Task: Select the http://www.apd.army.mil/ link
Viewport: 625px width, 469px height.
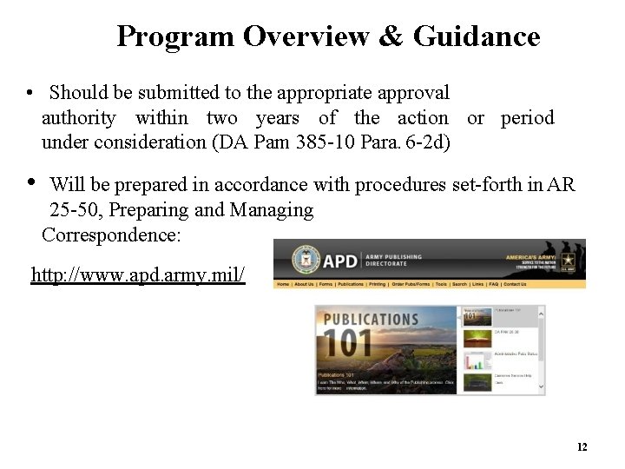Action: coord(138,276)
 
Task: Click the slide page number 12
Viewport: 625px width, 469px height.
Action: coord(582,447)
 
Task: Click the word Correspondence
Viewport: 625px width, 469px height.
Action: coord(111,234)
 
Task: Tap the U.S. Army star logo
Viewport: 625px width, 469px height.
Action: coord(571,261)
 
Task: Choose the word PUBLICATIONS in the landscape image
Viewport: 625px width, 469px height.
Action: coord(371,319)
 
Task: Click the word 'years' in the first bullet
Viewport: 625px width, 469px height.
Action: coord(277,118)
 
